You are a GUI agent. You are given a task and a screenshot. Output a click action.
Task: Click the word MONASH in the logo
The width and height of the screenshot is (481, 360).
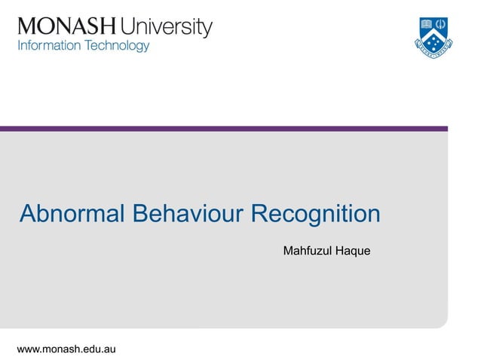coord(67,28)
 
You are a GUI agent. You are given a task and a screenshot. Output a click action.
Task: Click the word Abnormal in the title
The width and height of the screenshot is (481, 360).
coord(72,214)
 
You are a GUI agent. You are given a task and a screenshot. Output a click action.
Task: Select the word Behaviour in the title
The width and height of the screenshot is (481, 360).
coord(188,214)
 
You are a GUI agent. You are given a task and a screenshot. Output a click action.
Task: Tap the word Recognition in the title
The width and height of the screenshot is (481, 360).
coord(315,214)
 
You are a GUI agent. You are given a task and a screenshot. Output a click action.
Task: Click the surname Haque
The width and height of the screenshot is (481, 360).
coord(354,250)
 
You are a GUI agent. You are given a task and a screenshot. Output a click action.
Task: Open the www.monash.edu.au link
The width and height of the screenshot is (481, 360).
coord(66,349)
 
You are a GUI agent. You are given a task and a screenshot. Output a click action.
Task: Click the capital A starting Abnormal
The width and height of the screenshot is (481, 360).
coord(28,214)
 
